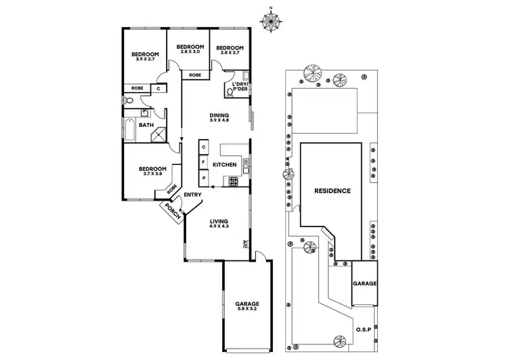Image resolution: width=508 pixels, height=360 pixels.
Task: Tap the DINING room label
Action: (218, 115)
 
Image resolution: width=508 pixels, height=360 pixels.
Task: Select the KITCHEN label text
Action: (224, 165)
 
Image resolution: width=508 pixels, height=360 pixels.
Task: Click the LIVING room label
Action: (218, 221)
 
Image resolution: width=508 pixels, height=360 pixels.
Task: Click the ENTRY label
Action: (193, 195)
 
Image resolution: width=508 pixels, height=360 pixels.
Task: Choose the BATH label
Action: (146, 125)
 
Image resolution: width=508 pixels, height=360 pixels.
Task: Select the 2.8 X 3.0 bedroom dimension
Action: (189, 52)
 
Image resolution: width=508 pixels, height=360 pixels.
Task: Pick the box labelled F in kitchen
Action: (203, 163)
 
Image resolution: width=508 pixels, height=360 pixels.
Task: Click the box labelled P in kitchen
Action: (203, 178)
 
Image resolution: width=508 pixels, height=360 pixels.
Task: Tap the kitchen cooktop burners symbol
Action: (234, 181)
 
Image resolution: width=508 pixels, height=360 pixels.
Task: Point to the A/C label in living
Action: (245, 245)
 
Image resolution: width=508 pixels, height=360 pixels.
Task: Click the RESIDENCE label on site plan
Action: (333, 191)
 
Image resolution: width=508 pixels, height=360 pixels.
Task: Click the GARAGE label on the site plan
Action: (364, 283)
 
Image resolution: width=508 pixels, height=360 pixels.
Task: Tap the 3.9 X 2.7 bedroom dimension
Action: (145, 60)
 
